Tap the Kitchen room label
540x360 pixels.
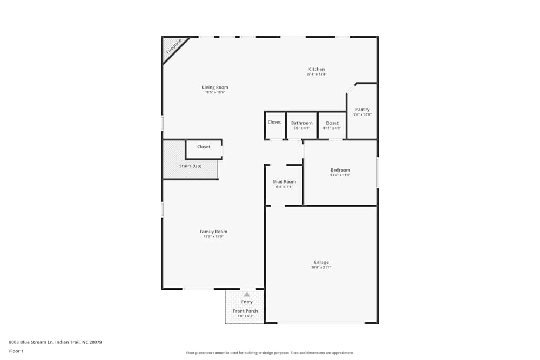pyautogui.click(x=316, y=69)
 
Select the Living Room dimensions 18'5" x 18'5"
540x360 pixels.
pyautogui.click(x=215, y=92)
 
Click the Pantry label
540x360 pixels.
pyautogui.click(x=362, y=110)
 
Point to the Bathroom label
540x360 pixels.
pyautogui.click(x=302, y=123)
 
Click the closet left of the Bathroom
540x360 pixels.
pyautogui.click(x=274, y=122)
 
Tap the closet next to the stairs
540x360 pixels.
pyautogui.click(x=204, y=147)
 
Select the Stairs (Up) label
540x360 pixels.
pyautogui.click(x=190, y=166)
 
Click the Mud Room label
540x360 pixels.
pyautogui.click(x=284, y=182)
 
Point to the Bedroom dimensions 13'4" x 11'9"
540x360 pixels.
pyautogui.click(x=340, y=175)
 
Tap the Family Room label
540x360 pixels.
pyautogui.click(x=213, y=232)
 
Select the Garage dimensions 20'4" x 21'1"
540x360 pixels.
pyautogui.click(x=321, y=268)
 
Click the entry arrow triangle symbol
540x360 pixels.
pyautogui.click(x=247, y=294)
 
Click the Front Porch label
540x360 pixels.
pyautogui.click(x=245, y=311)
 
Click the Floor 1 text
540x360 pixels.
pyautogui.click(x=16, y=351)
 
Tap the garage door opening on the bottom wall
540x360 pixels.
pyautogui.click(x=321, y=323)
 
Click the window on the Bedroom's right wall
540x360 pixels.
pyautogui.click(x=377, y=173)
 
